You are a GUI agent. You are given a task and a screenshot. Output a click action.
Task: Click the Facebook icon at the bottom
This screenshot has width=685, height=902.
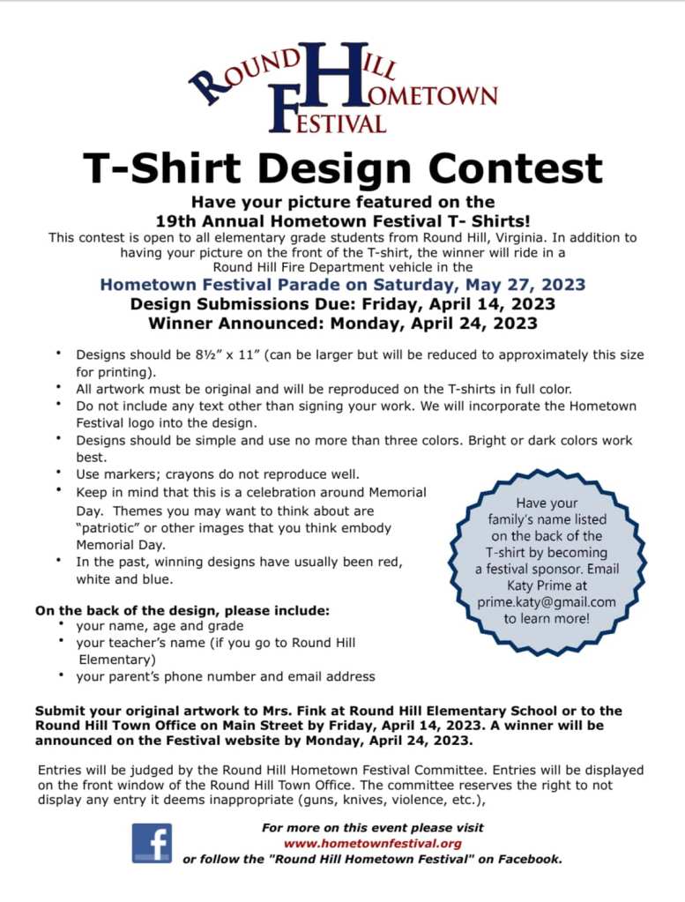(152, 843)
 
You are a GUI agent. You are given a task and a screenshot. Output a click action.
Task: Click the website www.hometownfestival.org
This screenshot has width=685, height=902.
(372, 843)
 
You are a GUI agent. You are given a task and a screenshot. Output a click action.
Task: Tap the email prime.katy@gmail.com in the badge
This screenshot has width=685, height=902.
(547, 602)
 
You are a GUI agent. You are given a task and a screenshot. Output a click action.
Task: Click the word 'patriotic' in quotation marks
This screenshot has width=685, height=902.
(108, 527)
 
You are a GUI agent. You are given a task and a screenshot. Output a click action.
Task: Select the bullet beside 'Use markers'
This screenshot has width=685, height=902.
(58, 473)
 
